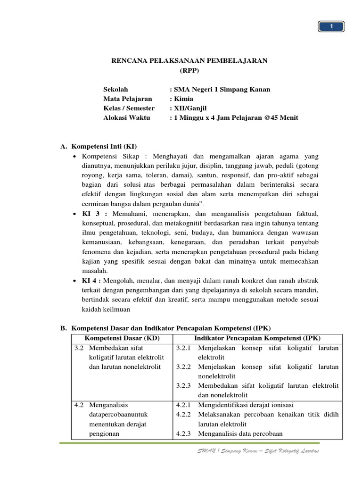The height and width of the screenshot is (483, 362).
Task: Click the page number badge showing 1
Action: pos(331,27)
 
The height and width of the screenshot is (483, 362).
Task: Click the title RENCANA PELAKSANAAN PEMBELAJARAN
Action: pos(189,61)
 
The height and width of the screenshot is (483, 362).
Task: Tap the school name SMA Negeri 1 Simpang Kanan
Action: pos(222,89)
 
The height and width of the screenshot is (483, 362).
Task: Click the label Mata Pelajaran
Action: pos(128,99)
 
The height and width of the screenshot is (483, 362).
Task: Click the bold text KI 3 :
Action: pos(94,214)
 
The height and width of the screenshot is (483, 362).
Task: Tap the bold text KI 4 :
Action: pos(94,281)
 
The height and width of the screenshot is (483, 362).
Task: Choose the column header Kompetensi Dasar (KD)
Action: pos(123,338)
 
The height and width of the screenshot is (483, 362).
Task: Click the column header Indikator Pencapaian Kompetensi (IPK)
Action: pos(257,338)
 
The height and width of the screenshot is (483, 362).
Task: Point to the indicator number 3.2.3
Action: pos(185,385)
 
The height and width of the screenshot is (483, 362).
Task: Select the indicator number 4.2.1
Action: pos(185,404)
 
